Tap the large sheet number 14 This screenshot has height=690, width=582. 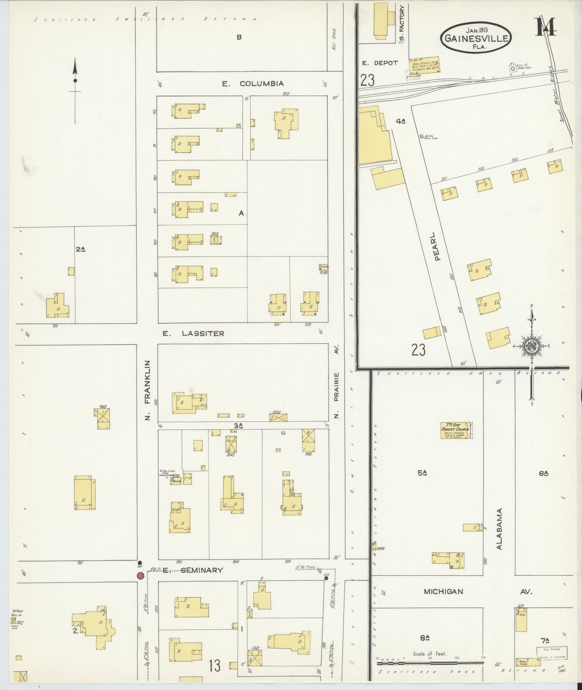546,27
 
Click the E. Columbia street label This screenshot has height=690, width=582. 253,84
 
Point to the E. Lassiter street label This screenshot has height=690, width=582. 193,334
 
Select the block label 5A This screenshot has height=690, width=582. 423,473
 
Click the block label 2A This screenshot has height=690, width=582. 81,249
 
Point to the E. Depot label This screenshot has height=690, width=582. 380,63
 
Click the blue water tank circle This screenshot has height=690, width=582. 512,68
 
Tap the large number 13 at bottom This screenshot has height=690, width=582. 215,665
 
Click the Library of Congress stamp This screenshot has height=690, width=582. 551,652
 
